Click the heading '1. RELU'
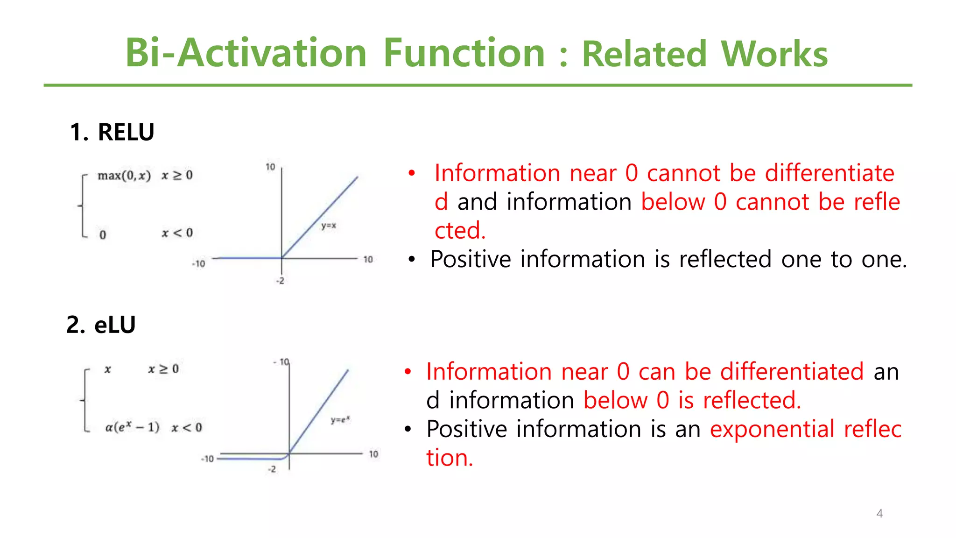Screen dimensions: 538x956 coord(112,132)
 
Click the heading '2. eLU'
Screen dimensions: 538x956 coord(101,325)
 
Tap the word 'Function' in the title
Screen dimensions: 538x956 coord(464,53)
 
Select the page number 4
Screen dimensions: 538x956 coord(879,513)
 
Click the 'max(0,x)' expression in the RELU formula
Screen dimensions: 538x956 coord(124,176)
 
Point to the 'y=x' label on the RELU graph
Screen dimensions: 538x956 coord(329,226)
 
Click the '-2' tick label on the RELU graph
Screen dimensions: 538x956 coord(280,281)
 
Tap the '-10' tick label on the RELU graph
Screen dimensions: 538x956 coord(198,264)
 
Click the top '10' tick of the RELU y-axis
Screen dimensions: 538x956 coord(270,167)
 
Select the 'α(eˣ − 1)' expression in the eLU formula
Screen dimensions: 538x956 coord(133,427)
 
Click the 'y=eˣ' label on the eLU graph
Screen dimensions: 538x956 coord(340,419)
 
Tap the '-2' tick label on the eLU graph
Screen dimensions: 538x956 coord(272,469)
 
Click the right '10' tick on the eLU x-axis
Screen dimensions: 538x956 coord(373,454)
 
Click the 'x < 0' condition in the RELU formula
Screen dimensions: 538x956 coord(177,233)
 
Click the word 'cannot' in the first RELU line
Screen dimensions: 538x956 coord(683,173)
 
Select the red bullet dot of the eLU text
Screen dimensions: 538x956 coord(408,372)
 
